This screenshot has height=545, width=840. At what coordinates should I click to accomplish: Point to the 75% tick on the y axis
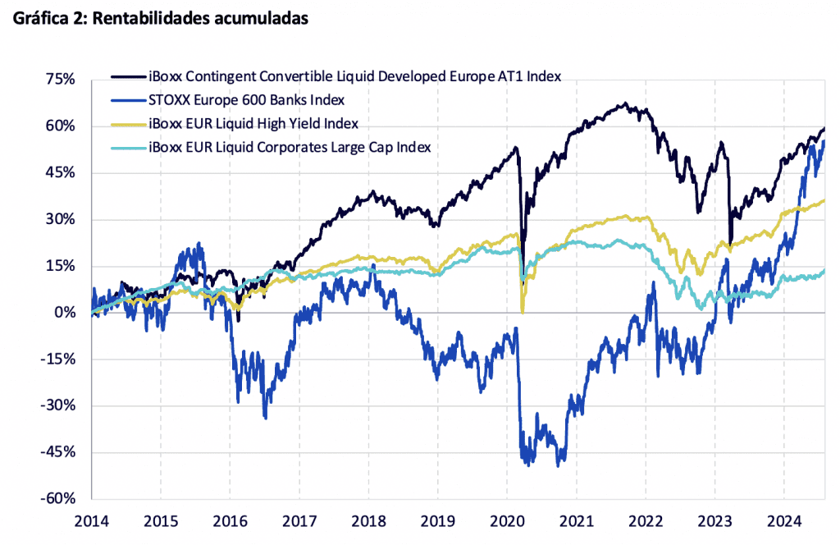click(61, 80)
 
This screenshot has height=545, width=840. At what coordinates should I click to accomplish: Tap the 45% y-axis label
click(61, 173)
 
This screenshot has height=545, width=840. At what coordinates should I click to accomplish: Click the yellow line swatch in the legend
click(129, 124)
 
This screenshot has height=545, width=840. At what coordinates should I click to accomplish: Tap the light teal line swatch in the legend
click(129, 148)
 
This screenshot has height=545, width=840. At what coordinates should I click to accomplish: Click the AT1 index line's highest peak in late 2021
click(625, 104)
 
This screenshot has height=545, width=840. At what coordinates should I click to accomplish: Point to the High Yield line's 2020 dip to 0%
click(523, 311)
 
